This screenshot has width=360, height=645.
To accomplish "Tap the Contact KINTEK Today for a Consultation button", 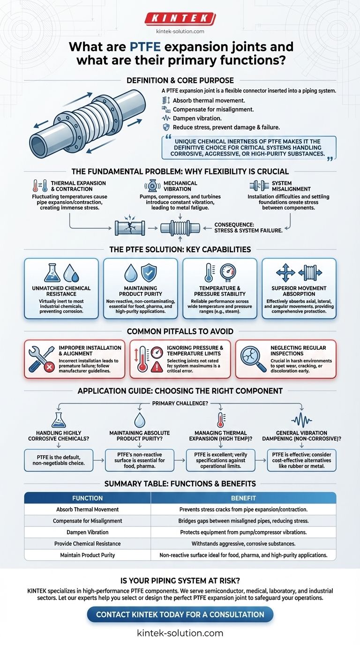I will (x=180, y=614).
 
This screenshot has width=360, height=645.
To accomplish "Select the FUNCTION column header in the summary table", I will (x=87, y=498).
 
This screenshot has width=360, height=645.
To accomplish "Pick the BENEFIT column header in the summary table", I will (x=243, y=498).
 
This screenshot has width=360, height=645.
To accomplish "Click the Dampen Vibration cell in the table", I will (x=87, y=532).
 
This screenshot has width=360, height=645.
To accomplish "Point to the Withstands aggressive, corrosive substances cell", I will (x=243, y=543).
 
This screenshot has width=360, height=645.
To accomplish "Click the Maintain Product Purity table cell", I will (x=87, y=555).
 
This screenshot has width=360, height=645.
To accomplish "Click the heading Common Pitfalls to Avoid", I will (x=180, y=330).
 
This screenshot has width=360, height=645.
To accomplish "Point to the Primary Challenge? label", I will (x=180, y=403).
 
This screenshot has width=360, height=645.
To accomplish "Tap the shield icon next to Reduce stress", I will (x=165, y=127).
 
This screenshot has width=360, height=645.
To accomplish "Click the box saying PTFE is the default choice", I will (x=59, y=460).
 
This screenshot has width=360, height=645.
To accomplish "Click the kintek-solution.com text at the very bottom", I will (x=180, y=633).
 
